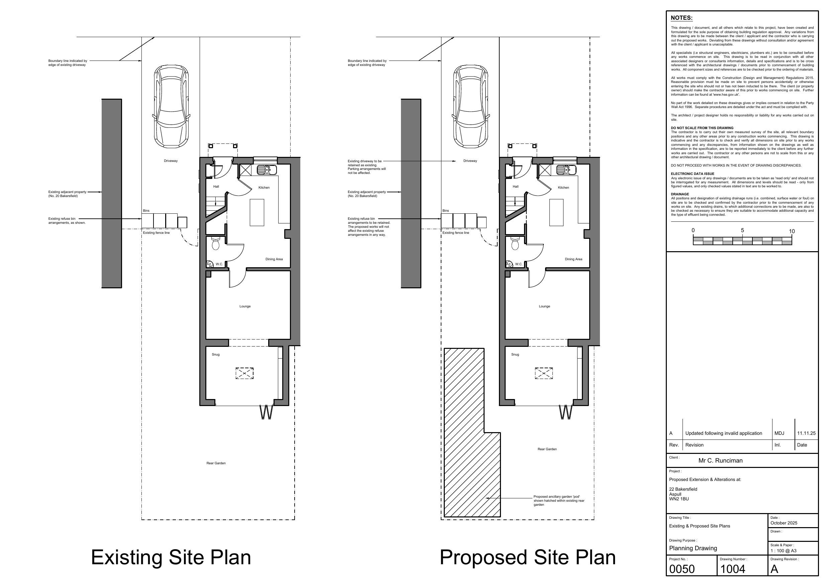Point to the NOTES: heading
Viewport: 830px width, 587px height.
[682, 18]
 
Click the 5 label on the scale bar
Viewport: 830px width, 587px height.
[742, 230]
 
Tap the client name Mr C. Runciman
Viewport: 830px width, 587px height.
[720, 461]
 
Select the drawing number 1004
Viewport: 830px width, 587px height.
[733, 569]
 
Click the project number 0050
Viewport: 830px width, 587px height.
[682, 569]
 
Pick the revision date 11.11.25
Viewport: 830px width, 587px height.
[807, 433]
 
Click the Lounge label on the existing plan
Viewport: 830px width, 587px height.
[245, 306]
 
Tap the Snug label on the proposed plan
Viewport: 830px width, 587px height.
[515, 355]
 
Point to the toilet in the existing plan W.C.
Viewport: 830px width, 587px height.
[215, 243]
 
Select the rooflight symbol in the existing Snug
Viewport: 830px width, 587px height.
[244, 373]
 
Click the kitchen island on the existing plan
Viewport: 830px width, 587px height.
[257, 212]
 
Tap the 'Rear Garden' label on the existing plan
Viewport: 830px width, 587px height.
[216, 463]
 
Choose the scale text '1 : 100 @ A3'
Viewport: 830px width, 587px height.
[784, 551]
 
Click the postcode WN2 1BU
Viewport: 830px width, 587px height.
[679, 499]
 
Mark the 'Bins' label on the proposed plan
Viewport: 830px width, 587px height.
[446, 210]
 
